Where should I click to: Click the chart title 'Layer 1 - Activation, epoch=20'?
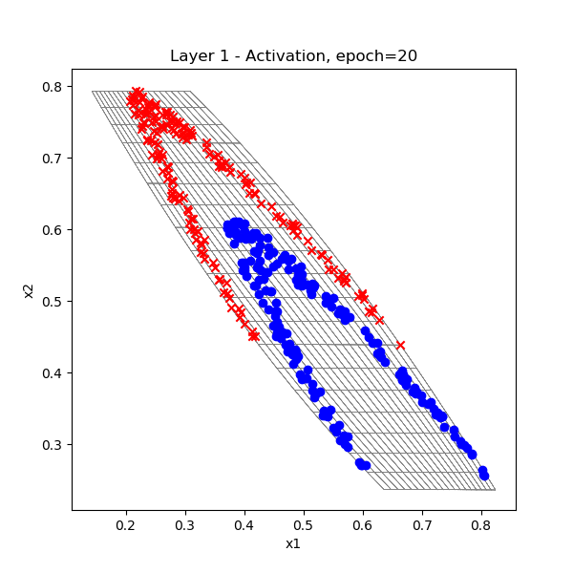(x=293, y=56)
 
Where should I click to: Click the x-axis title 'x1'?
(x=293, y=543)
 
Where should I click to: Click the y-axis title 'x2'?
(x=30, y=289)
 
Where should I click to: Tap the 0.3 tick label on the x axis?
(x=185, y=524)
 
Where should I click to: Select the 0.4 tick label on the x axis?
(x=244, y=524)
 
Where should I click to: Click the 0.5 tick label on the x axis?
(x=304, y=524)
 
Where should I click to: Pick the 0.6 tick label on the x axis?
(x=363, y=524)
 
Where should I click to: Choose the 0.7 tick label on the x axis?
(x=422, y=524)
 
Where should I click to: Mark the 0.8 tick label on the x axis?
(x=481, y=524)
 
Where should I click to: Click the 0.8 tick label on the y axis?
(x=52, y=86)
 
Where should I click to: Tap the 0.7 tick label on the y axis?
(x=52, y=158)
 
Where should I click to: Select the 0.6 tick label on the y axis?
(x=52, y=229)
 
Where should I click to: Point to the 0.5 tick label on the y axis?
(x=52, y=301)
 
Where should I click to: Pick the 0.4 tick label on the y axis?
(x=52, y=372)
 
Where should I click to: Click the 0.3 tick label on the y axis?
(x=52, y=444)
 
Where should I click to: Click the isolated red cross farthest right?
(x=400, y=345)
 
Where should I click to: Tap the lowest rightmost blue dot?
(x=484, y=475)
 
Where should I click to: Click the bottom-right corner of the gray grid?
(x=496, y=490)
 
